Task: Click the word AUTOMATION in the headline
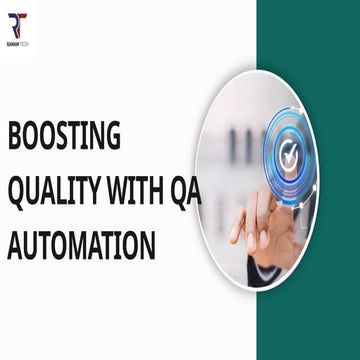point(81,244)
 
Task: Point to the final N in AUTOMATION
point(147,244)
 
